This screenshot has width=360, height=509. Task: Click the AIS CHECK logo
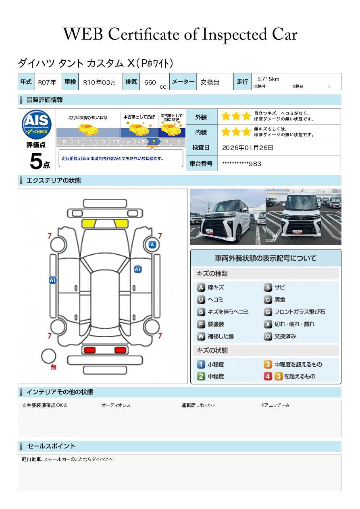tap(37, 125)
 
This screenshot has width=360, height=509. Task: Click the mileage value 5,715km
tap(268, 79)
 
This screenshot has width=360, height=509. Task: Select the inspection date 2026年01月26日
tap(248, 148)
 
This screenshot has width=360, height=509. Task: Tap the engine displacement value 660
tap(150, 82)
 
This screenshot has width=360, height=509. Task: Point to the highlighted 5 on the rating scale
tap(154, 142)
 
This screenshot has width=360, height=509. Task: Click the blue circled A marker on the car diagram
tap(152, 245)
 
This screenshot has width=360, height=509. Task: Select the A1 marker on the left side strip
tap(53, 280)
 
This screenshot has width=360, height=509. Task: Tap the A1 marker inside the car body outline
tap(138, 269)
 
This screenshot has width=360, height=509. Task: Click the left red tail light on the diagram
tap(89, 350)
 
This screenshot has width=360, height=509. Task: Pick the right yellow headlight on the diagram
tap(121, 224)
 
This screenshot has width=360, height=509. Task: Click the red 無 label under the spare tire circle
tap(53, 367)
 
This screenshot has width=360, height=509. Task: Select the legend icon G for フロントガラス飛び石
tap(268, 312)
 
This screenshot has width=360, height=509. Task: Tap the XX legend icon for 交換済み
tap(268, 336)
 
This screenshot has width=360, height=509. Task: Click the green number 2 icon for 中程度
tap(201, 376)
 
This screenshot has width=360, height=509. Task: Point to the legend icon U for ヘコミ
tap(201, 300)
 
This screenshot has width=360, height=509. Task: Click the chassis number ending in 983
tap(241, 164)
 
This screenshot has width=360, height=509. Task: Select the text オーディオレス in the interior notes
tap(116, 405)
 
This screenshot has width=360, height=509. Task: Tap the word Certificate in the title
tap(144, 34)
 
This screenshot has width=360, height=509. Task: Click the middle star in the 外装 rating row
tap(236, 116)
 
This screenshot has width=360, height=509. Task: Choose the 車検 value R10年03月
tap(100, 82)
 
